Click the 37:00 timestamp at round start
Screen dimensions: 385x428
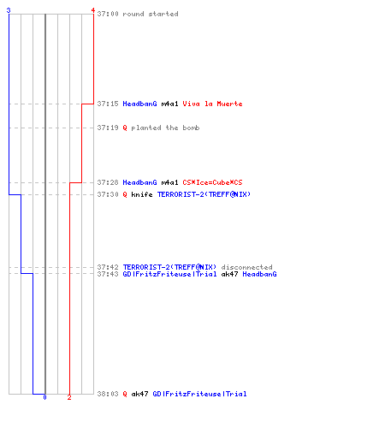(x=108, y=14)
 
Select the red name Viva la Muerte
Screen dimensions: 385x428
(x=212, y=104)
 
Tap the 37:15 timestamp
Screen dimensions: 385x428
(x=108, y=104)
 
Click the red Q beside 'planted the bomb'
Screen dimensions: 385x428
(x=125, y=128)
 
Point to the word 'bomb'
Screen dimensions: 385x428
(x=191, y=128)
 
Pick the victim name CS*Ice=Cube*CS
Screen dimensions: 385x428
(x=212, y=182)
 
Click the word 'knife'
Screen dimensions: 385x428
(x=142, y=194)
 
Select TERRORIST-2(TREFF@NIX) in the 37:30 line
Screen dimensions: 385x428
(x=204, y=194)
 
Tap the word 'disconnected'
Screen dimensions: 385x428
(x=247, y=267)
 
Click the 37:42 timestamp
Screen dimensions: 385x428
(x=108, y=267)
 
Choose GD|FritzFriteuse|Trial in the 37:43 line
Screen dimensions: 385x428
(x=169, y=274)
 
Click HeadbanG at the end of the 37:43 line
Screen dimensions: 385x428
(x=259, y=274)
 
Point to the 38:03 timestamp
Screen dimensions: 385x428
(x=108, y=394)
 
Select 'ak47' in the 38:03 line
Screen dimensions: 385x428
(x=139, y=394)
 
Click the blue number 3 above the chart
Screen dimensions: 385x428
(x=9, y=10)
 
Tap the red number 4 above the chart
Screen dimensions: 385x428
(x=93, y=10)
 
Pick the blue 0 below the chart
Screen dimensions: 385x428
(x=44, y=397)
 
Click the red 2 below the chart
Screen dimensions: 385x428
(x=69, y=397)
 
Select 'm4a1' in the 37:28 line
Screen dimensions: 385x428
(x=169, y=182)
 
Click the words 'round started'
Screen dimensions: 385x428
(x=151, y=14)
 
